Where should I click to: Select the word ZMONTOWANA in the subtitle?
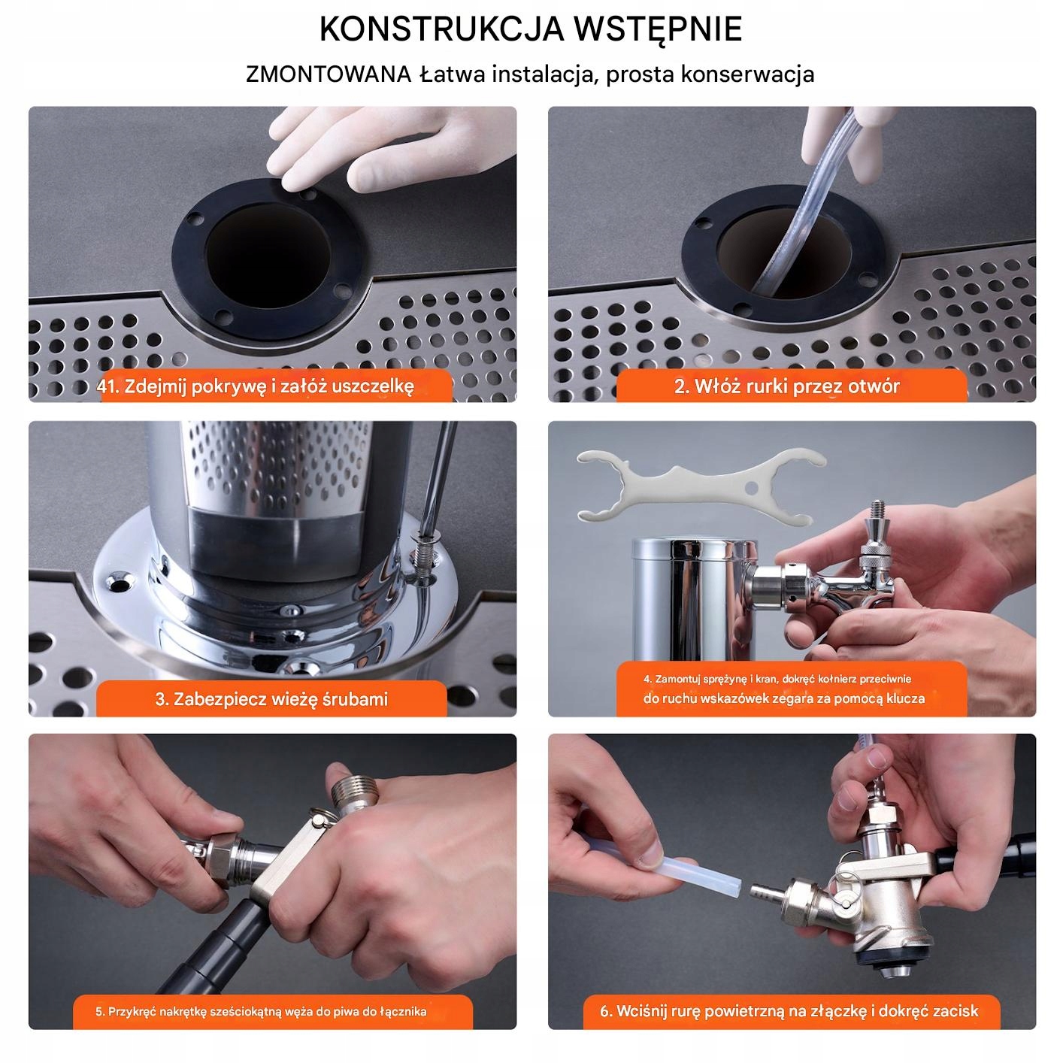click(x=329, y=74)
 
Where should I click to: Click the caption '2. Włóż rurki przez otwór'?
click(x=786, y=386)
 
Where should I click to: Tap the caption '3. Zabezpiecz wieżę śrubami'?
click(x=271, y=699)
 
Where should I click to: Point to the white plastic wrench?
click(x=701, y=484)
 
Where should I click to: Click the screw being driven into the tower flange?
click(x=423, y=553)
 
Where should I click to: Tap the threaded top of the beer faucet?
click(x=877, y=511)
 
